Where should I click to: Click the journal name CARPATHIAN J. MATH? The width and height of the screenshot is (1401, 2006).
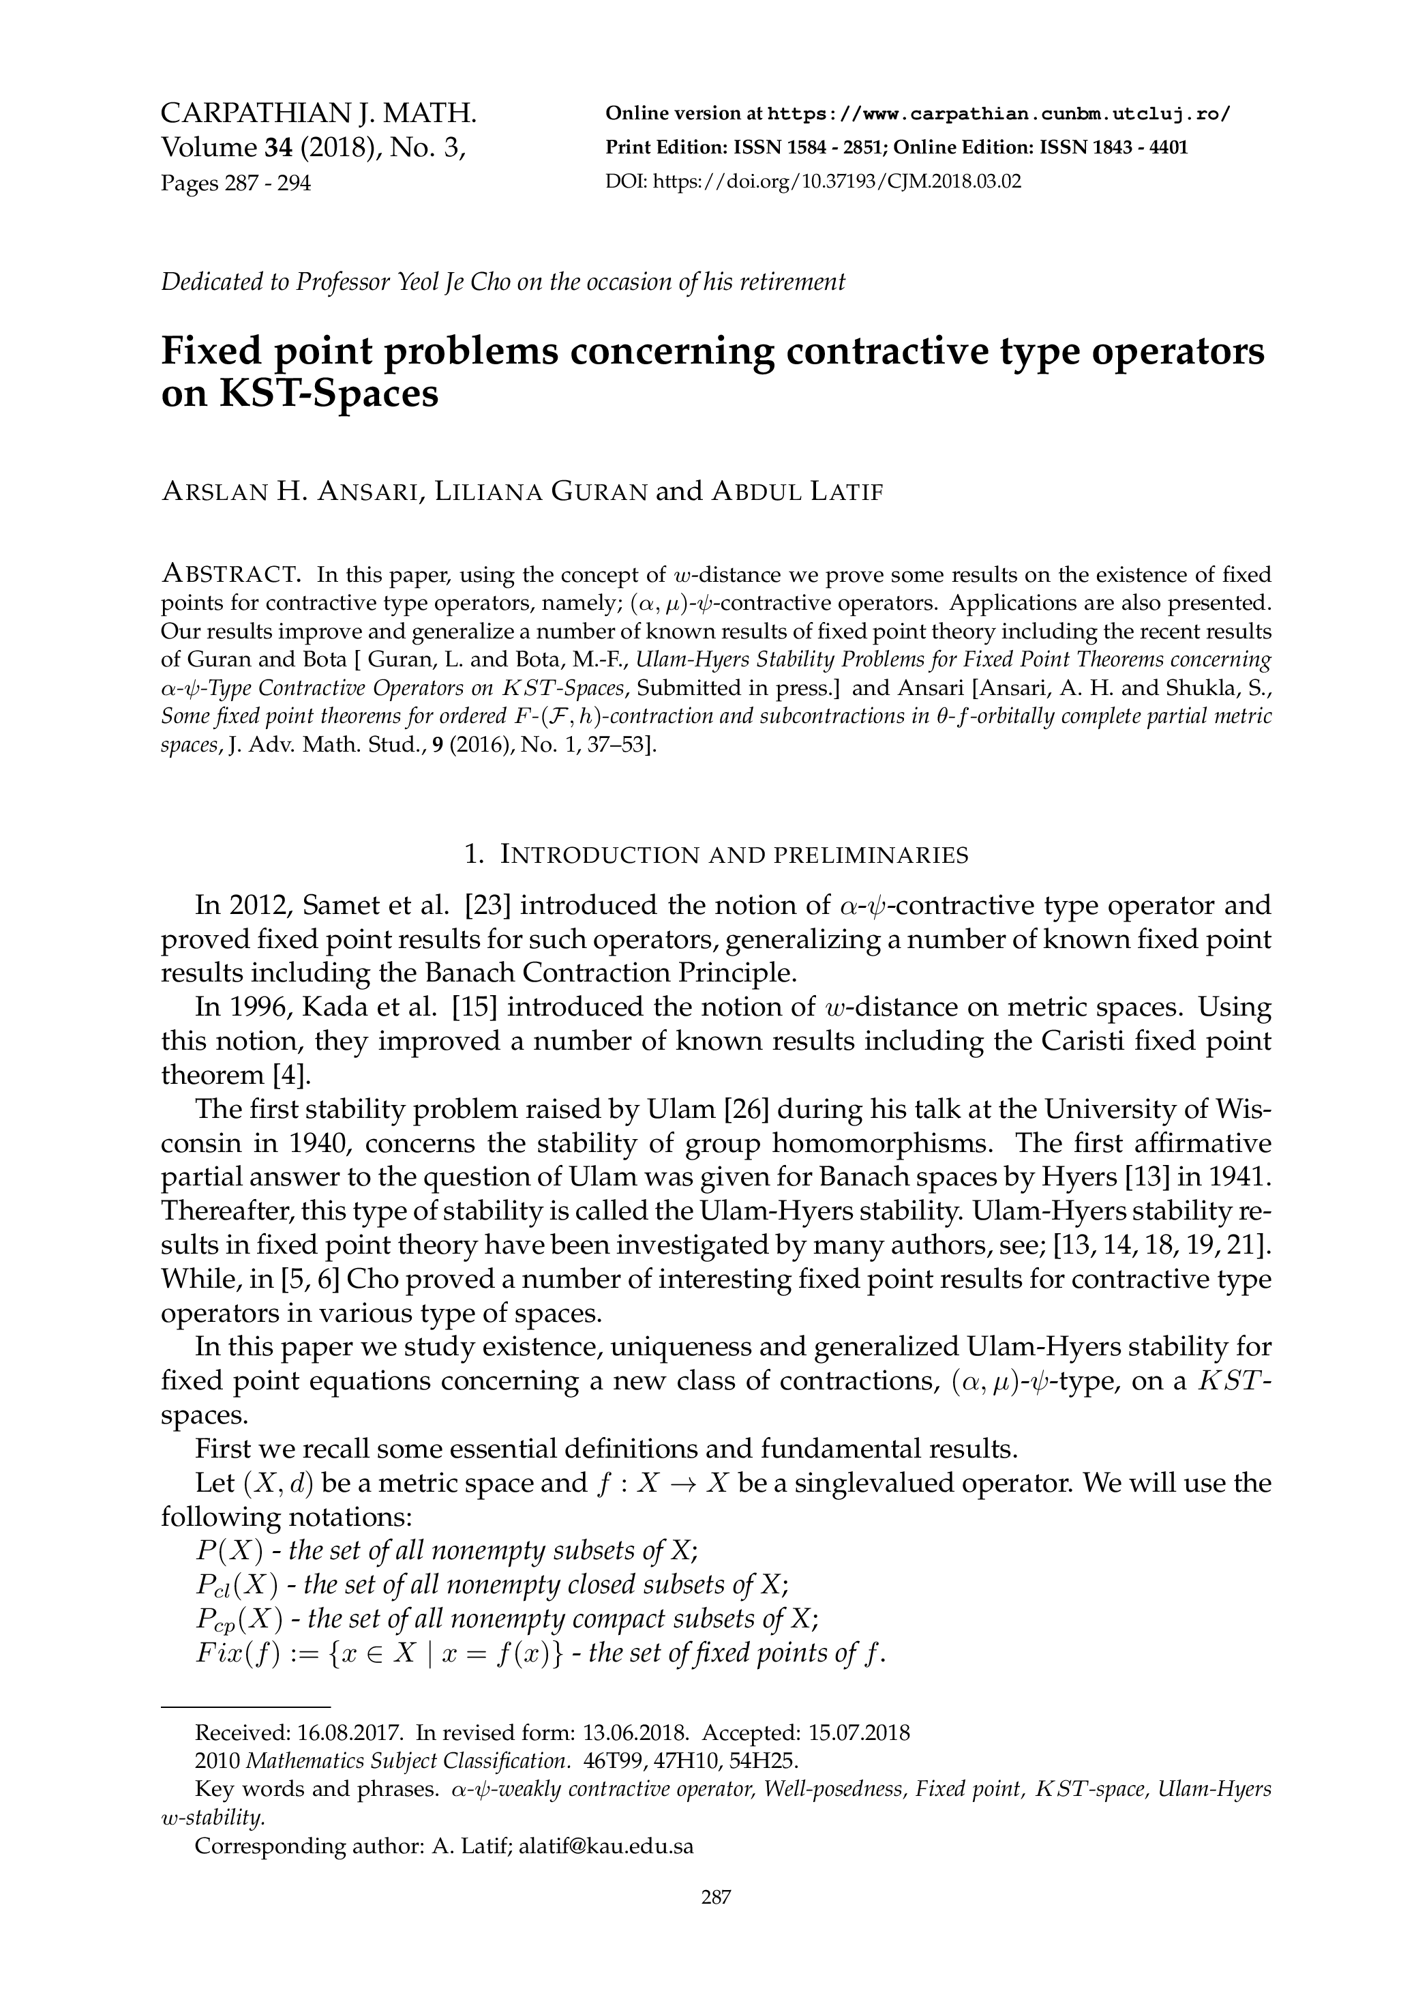[319, 114]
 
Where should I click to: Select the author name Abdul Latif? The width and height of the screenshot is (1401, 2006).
[798, 492]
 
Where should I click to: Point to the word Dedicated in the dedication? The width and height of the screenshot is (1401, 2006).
[208, 282]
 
